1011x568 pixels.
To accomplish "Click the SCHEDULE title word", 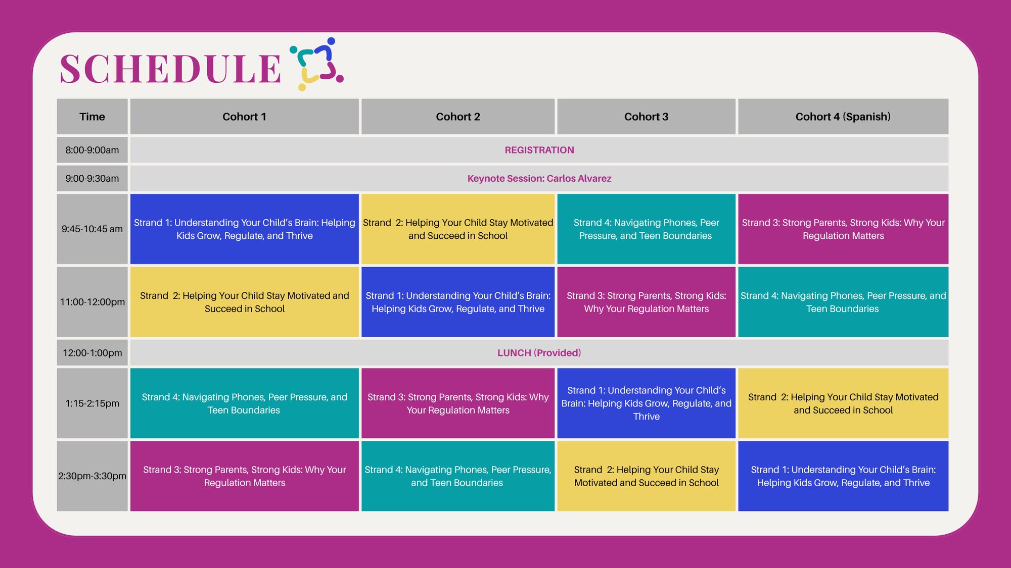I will [x=170, y=69].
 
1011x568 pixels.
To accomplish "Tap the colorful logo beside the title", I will [x=317, y=64].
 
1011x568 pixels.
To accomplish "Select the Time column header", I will [x=92, y=117].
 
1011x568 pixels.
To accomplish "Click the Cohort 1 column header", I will [x=244, y=117].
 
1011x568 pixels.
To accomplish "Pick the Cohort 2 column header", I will [x=457, y=117].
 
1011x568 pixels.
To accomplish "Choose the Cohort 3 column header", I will [x=646, y=117].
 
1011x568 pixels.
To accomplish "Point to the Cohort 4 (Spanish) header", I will [x=843, y=117].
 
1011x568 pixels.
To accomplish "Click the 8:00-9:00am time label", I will [x=92, y=150].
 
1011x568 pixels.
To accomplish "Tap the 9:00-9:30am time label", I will [x=92, y=178].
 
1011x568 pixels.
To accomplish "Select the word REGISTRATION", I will [x=539, y=150].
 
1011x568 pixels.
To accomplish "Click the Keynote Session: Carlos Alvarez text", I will [x=539, y=178].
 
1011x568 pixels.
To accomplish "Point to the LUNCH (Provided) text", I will [x=539, y=353].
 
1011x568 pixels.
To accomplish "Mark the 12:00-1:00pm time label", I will [x=92, y=353].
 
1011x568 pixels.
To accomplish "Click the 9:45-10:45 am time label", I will [x=92, y=229].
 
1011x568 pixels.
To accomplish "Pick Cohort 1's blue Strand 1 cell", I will [x=244, y=229].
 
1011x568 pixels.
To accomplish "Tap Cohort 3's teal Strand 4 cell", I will [x=646, y=229].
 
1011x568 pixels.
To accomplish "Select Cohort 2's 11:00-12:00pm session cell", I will [x=457, y=302].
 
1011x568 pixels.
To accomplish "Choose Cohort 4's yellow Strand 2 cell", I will [x=843, y=403].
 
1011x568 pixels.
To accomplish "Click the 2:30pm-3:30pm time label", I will [x=92, y=476].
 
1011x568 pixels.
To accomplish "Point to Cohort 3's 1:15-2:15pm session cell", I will [x=646, y=403].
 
